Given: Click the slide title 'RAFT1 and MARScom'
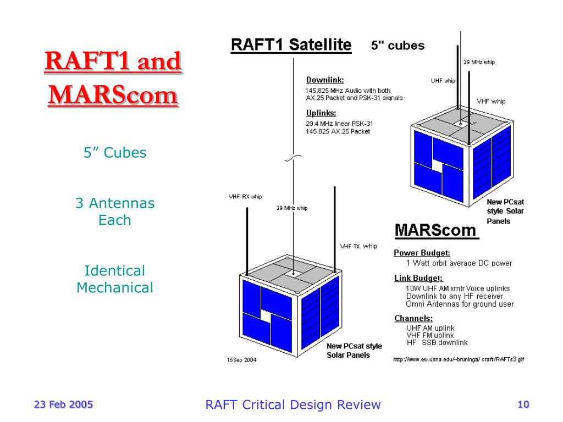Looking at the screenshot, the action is tap(113, 78).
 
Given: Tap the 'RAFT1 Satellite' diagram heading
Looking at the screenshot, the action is tap(291, 45).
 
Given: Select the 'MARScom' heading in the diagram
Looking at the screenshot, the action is tap(437, 230).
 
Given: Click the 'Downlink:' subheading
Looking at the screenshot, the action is tap(325, 80).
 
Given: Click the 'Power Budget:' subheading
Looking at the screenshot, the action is tap(422, 253).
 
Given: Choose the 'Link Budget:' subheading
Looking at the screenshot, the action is tap(418, 278).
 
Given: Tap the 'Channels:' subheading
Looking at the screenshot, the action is tap(413, 318).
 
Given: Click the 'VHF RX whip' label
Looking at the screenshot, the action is tap(245, 197).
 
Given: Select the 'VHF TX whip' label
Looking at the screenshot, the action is tap(358, 246).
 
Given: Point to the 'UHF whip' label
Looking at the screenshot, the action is tap(443, 81).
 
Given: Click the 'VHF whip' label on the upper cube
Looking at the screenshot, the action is tap(491, 102).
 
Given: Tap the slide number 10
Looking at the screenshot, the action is tap(523, 405).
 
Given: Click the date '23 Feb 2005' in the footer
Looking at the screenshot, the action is tap(64, 405).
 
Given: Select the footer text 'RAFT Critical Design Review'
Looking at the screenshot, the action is tap(292, 405).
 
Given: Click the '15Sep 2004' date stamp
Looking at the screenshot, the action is tap(241, 360).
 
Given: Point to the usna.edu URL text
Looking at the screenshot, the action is tap(458, 359).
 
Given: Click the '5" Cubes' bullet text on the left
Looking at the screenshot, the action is tap(115, 153).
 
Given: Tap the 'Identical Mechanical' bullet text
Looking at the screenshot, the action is tap(115, 279).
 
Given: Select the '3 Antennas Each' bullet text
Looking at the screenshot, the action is tap(115, 212).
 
